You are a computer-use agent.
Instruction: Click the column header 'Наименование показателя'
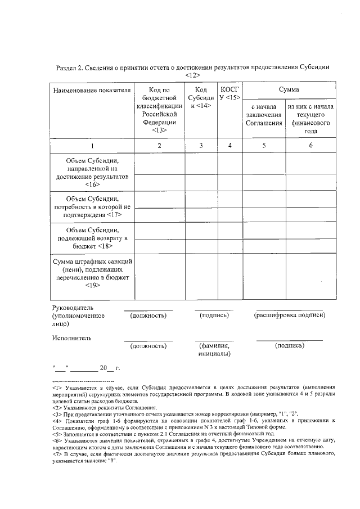click(x=92, y=89)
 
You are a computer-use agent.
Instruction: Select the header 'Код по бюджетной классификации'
click(x=160, y=109)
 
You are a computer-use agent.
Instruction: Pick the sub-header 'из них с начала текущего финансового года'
click(x=310, y=119)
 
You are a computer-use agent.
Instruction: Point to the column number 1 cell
click(x=92, y=146)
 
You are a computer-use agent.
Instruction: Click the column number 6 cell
click(x=310, y=146)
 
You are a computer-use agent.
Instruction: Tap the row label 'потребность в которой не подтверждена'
click(x=92, y=206)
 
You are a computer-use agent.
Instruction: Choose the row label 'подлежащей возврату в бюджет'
click(x=92, y=238)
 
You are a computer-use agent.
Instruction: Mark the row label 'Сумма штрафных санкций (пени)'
click(x=92, y=273)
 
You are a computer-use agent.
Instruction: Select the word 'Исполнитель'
click(x=71, y=338)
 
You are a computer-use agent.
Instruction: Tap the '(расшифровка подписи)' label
click(x=290, y=316)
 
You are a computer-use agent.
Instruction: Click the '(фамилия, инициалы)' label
click(x=214, y=350)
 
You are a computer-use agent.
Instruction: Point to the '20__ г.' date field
click(x=110, y=368)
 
